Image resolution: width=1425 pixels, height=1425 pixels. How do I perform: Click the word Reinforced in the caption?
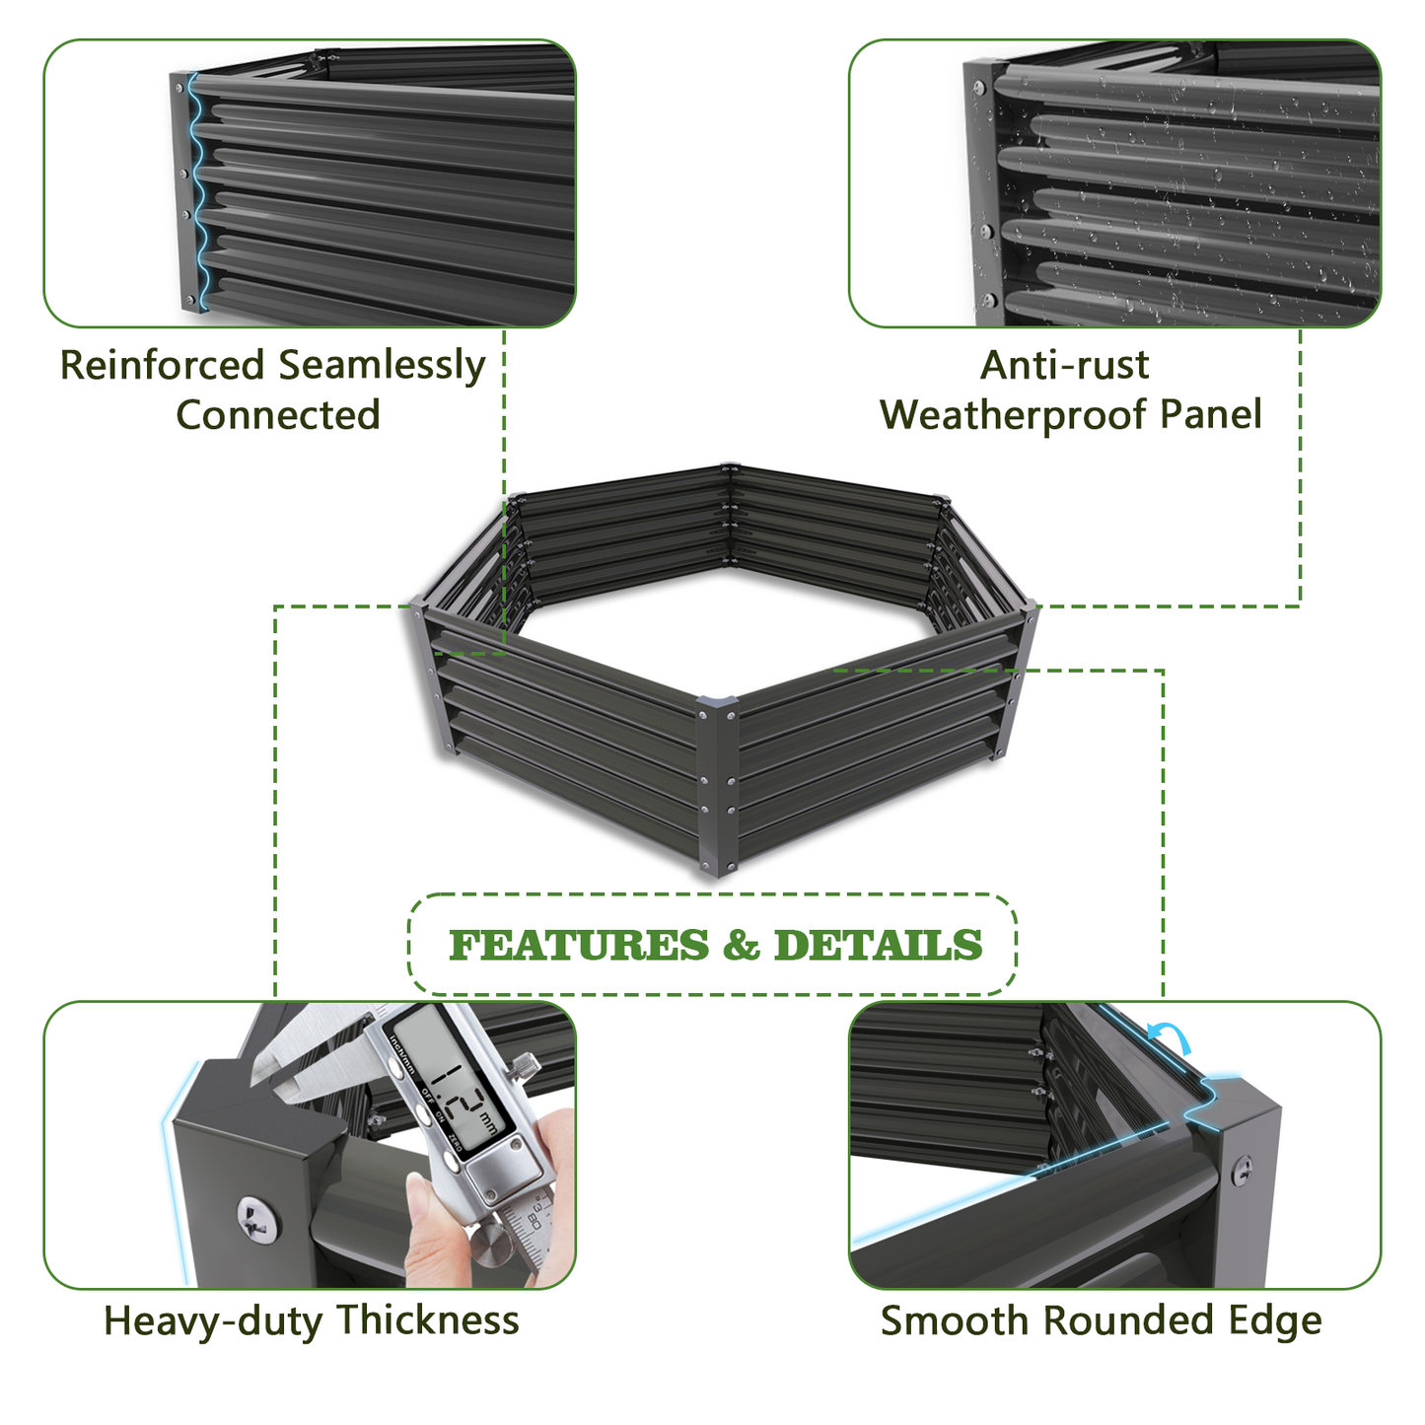[x=162, y=365]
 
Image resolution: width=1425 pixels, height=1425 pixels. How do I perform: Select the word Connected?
[x=278, y=414]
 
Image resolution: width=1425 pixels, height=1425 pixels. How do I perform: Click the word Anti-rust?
[x=1064, y=365]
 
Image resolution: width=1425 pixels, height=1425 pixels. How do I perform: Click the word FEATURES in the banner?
[x=579, y=945]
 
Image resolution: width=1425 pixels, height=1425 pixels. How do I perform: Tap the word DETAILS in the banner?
[x=879, y=945]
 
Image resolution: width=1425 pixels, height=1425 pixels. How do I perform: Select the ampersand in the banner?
[x=741, y=945]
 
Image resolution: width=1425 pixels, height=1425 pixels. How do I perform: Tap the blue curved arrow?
[x=1170, y=1035]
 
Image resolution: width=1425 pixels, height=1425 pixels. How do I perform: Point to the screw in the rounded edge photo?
[x=1244, y=1170]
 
